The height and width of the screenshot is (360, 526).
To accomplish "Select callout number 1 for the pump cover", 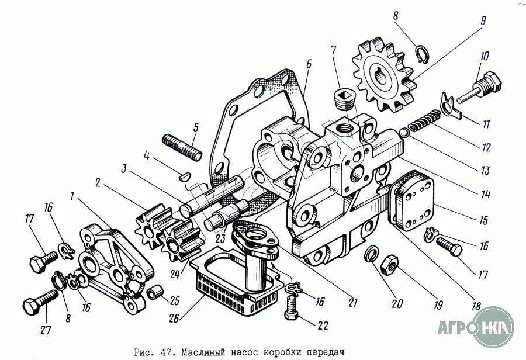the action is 72,197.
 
